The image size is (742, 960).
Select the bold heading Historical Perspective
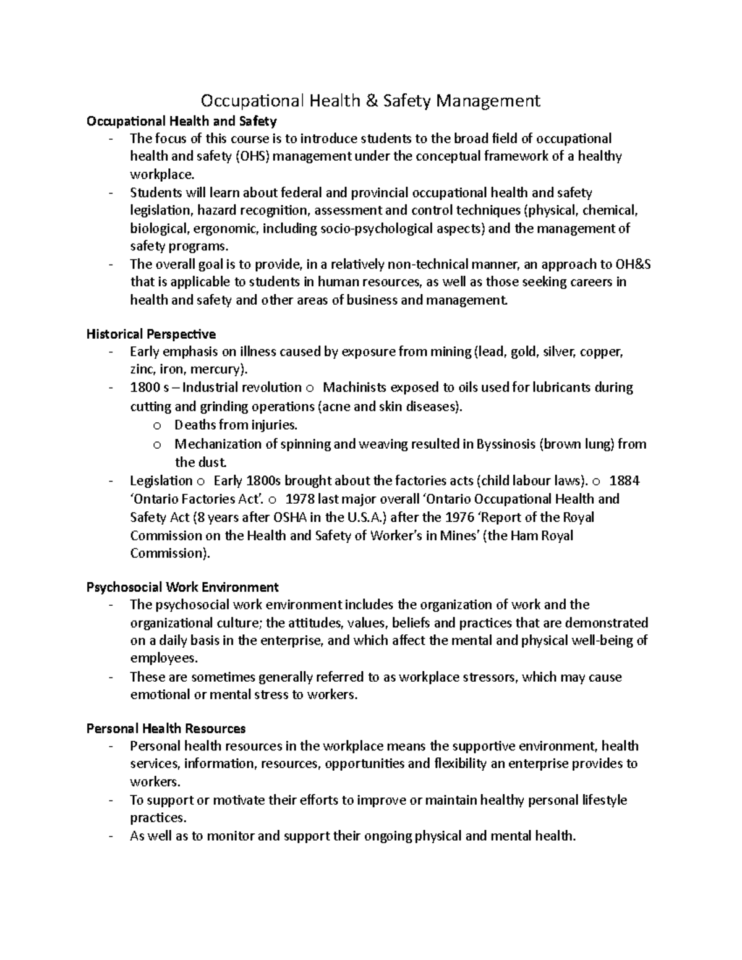(151, 334)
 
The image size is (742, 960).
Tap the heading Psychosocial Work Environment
(182, 587)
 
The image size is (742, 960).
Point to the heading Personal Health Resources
(166, 728)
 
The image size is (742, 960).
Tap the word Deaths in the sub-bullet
(194, 425)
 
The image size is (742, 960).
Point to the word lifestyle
(604, 800)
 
